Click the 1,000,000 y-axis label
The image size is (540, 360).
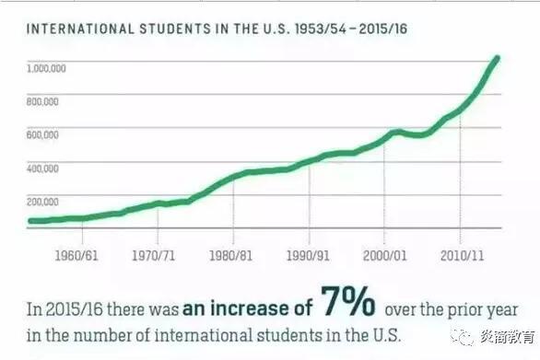pyautogui.click(x=45, y=68)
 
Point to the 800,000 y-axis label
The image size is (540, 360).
pyautogui.click(x=43, y=101)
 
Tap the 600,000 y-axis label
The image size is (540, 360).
pyautogui.click(x=43, y=134)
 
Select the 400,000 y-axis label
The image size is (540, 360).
pyautogui.click(x=43, y=168)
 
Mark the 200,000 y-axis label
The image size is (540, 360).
pyautogui.click(x=43, y=201)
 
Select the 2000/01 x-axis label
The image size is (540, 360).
pyautogui.click(x=384, y=252)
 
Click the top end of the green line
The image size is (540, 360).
pyautogui.click(x=498, y=58)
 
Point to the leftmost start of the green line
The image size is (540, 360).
pyautogui.click(x=29, y=221)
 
